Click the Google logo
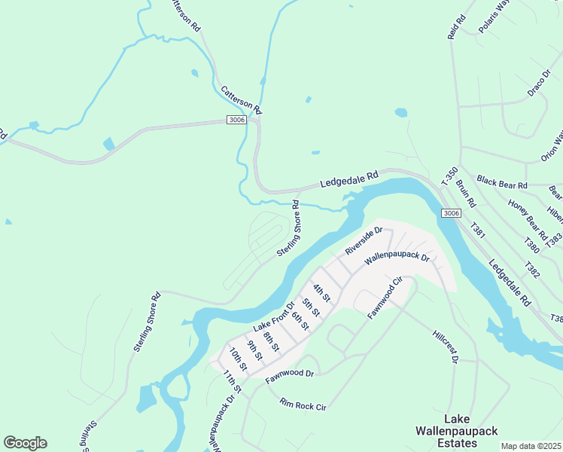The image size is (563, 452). (25, 442)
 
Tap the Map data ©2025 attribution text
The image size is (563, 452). (530, 446)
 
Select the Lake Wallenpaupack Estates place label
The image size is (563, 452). (450, 430)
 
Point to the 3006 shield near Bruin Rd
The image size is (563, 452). (451, 213)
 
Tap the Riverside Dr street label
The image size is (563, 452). (364, 240)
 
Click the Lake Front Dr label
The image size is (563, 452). (274, 316)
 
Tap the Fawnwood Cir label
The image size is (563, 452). (386, 298)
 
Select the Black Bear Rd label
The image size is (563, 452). (502, 184)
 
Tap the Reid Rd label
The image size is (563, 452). (457, 27)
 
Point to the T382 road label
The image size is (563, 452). (532, 268)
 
